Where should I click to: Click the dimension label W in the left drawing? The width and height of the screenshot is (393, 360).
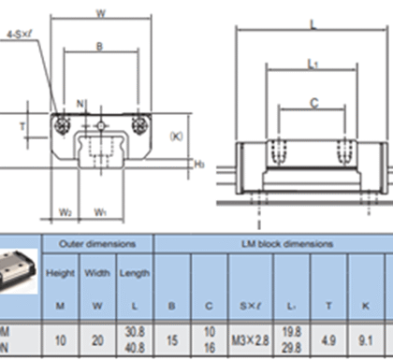coord(100,12)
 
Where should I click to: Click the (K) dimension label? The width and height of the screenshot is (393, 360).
coord(178,136)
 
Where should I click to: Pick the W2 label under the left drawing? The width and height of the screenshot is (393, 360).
coord(65,212)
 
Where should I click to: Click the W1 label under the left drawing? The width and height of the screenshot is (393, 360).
coord(100,212)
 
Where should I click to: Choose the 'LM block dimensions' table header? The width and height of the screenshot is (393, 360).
coord(272,243)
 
